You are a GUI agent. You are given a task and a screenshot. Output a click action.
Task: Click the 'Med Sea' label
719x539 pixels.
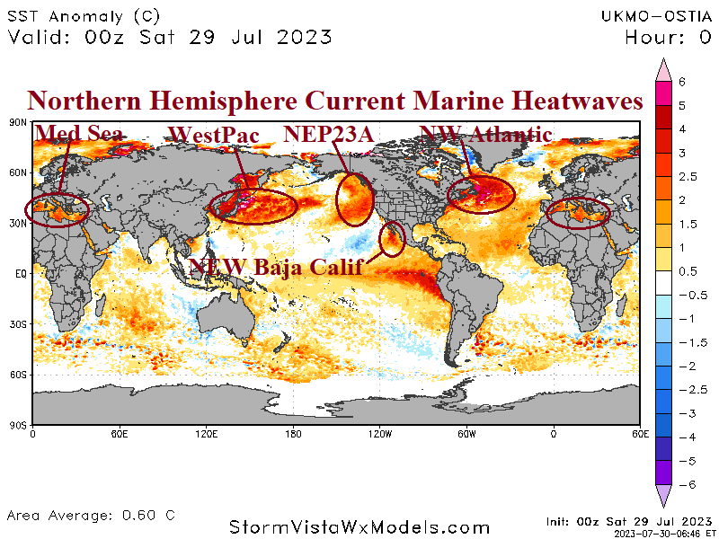(79, 135)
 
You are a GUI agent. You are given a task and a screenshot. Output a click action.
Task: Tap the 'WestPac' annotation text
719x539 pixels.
(214, 136)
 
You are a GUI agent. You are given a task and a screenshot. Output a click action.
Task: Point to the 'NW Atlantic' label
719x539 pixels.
(486, 135)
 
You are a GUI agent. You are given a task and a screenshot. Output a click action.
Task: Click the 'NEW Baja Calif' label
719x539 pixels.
(275, 266)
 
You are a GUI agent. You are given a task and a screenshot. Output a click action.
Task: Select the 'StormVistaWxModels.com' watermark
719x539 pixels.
(359, 527)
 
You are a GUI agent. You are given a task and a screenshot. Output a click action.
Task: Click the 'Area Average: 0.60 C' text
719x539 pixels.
(91, 516)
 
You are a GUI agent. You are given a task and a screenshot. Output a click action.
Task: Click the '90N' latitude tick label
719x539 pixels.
(18, 121)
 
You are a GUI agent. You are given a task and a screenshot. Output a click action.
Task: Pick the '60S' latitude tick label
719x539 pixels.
(18, 374)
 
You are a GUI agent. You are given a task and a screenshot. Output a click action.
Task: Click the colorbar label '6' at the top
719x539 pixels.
(682, 81)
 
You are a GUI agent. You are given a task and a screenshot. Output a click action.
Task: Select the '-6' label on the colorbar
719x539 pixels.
(684, 483)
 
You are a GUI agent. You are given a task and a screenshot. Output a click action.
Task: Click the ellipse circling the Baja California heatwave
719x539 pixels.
(391, 238)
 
